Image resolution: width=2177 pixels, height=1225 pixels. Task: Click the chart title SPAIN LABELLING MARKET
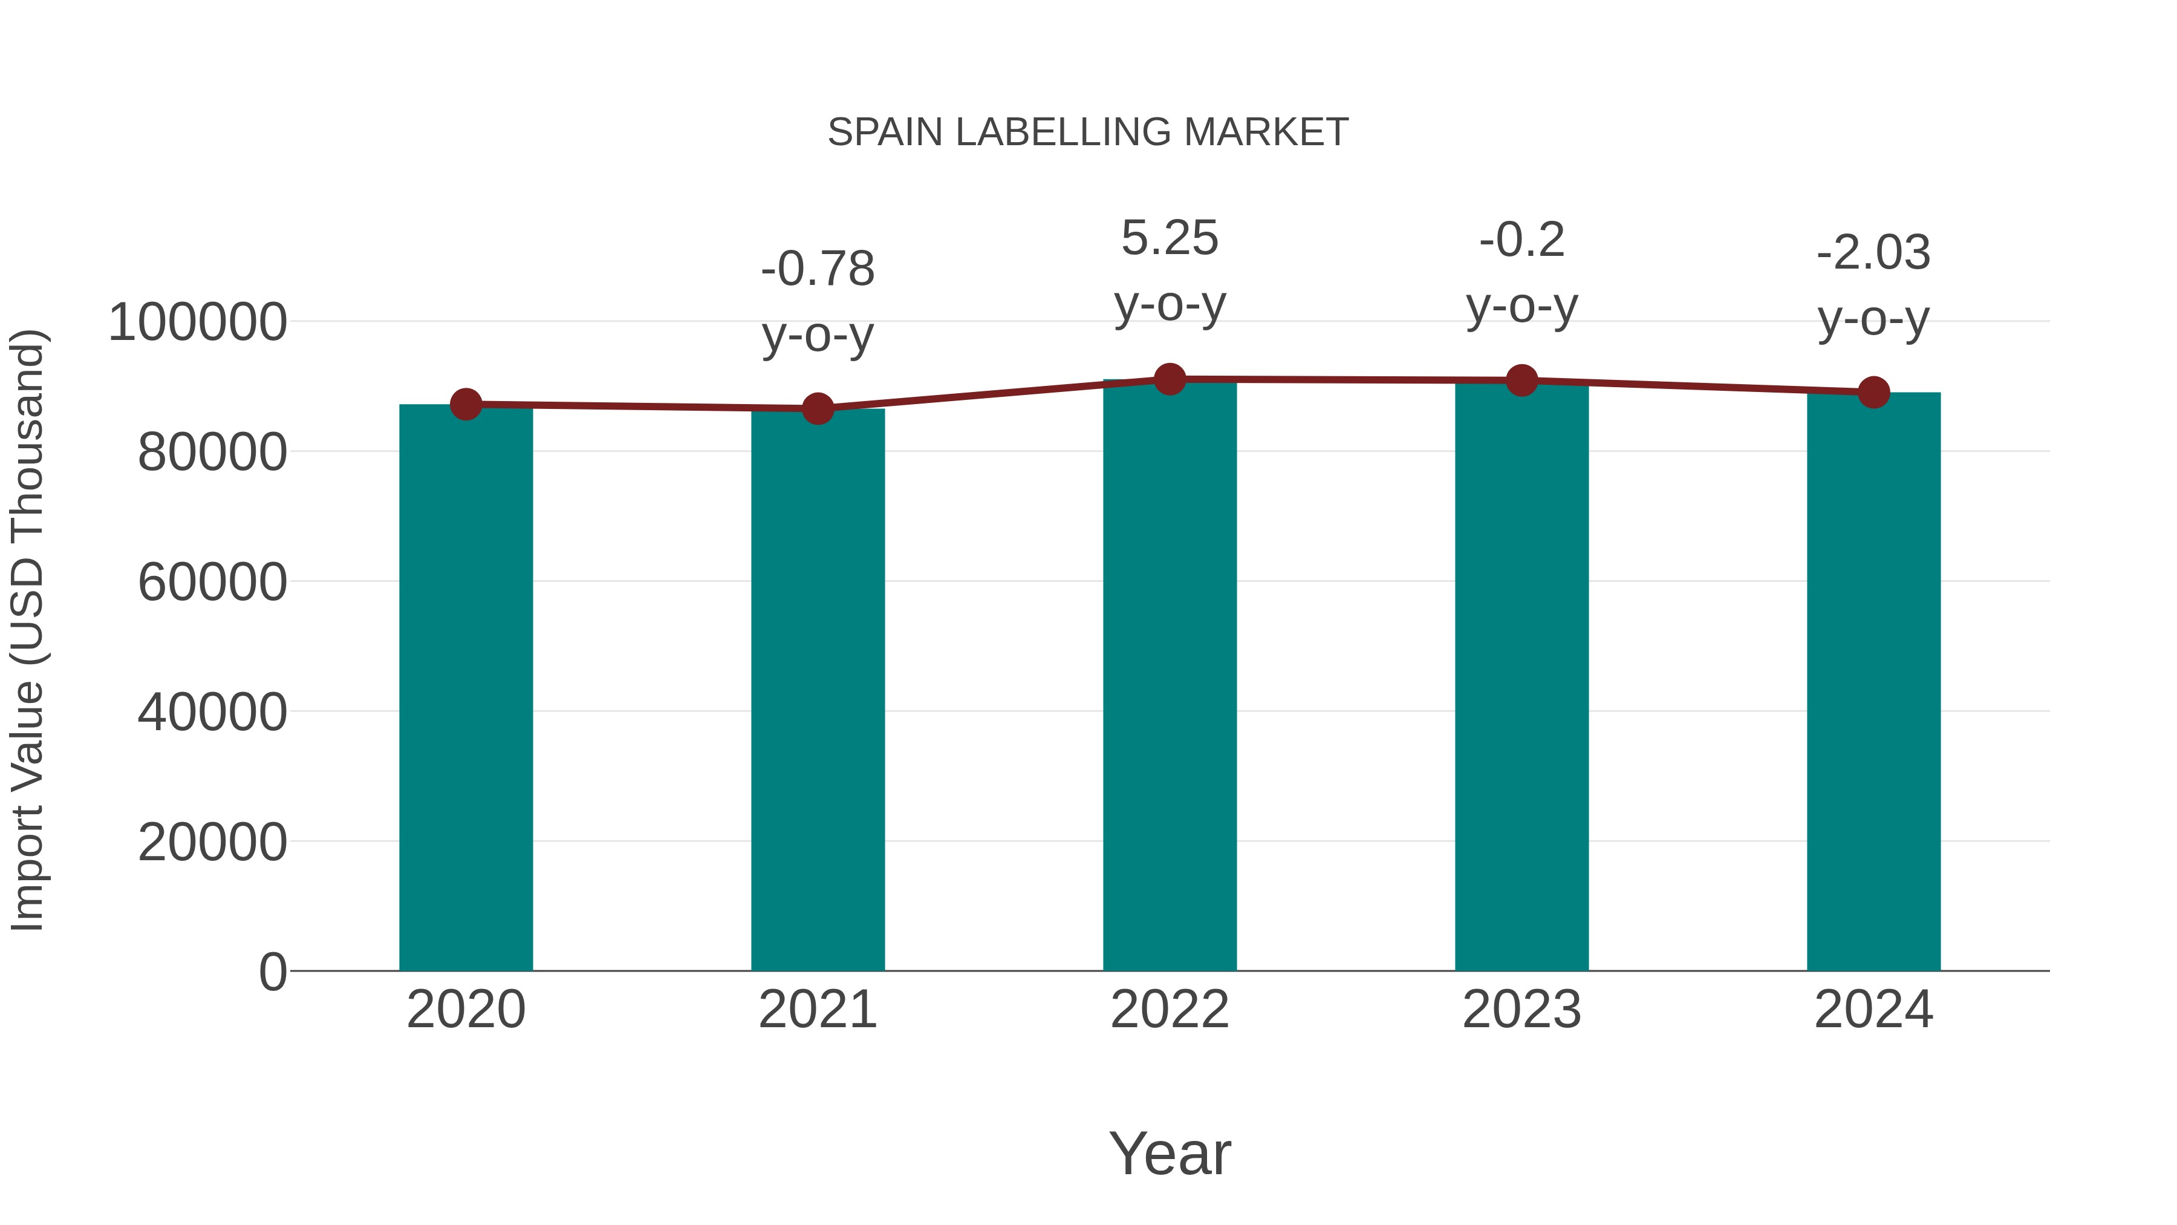(1088, 132)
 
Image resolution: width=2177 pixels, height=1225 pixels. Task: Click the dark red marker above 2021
(817, 409)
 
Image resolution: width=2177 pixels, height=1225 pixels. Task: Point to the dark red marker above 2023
(1522, 381)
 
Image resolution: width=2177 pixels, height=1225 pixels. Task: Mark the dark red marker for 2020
(466, 404)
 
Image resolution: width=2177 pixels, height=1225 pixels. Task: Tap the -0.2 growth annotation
(1522, 240)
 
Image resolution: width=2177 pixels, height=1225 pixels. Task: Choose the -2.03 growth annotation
(1873, 253)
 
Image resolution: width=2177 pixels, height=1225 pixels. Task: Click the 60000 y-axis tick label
(212, 583)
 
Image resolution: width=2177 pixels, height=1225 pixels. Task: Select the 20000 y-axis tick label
(212, 842)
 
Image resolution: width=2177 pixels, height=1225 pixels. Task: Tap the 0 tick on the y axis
(272, 972)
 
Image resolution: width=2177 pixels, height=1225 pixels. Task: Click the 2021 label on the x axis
(817, 1010)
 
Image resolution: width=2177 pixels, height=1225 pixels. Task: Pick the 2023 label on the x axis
(1522, 1010)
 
